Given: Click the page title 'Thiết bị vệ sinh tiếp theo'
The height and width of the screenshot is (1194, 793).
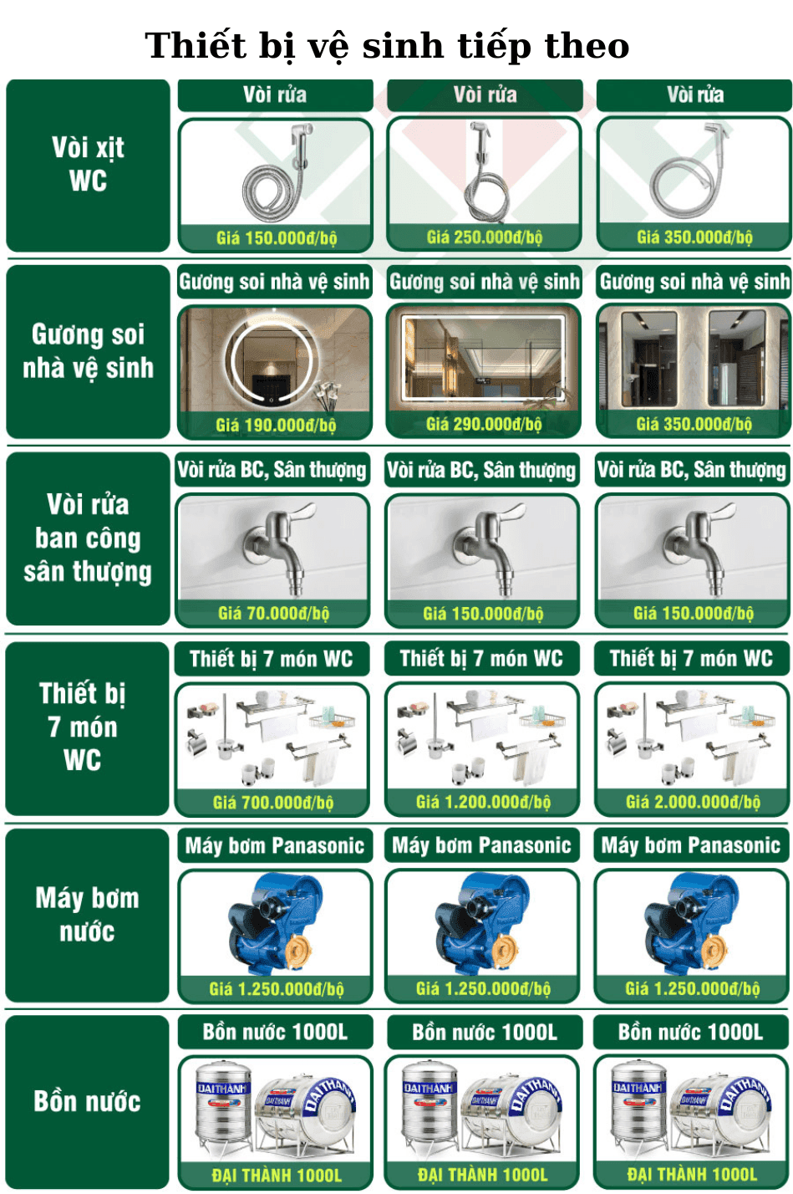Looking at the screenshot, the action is [x=387, y=46].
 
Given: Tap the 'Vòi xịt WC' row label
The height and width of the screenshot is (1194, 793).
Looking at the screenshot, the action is [x=88, y=164].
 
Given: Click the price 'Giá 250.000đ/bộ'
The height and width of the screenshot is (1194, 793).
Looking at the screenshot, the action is [x=484, y=237].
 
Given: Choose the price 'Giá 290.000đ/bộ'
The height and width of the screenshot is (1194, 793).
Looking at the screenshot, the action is [x=484, y=424].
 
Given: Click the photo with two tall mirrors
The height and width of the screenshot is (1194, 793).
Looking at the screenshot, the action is [x=694, y=358].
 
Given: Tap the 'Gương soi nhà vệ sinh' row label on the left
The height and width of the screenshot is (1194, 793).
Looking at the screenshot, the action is [x=88, y=350].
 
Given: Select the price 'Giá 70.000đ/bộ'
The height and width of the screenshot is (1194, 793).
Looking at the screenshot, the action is [x=273, y=613].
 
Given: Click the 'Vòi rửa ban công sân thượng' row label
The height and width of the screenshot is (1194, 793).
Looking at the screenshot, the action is [x=88, y=538].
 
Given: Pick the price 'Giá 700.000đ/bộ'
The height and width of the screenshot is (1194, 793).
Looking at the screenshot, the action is [x=272, y=802].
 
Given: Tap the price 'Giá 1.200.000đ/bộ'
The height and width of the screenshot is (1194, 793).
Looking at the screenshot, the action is [x=483, y=802].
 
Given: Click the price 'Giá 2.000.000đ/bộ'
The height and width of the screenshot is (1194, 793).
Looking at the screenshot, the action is [x=693, y=802].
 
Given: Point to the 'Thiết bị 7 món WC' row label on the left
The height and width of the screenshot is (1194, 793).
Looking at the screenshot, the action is [x=83, y=727].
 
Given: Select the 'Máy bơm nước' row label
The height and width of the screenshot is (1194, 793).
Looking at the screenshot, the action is [x=88, y=915].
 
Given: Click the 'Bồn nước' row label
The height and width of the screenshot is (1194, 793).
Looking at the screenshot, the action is [x=88, y=1101].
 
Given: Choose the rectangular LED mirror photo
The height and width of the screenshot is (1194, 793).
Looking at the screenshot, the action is [x=484, y=358].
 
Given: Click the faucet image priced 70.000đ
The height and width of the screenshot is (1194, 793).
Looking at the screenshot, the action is [x=274, y=548].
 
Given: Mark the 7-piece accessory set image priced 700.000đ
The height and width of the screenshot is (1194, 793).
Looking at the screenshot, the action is [x=272, y=737].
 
